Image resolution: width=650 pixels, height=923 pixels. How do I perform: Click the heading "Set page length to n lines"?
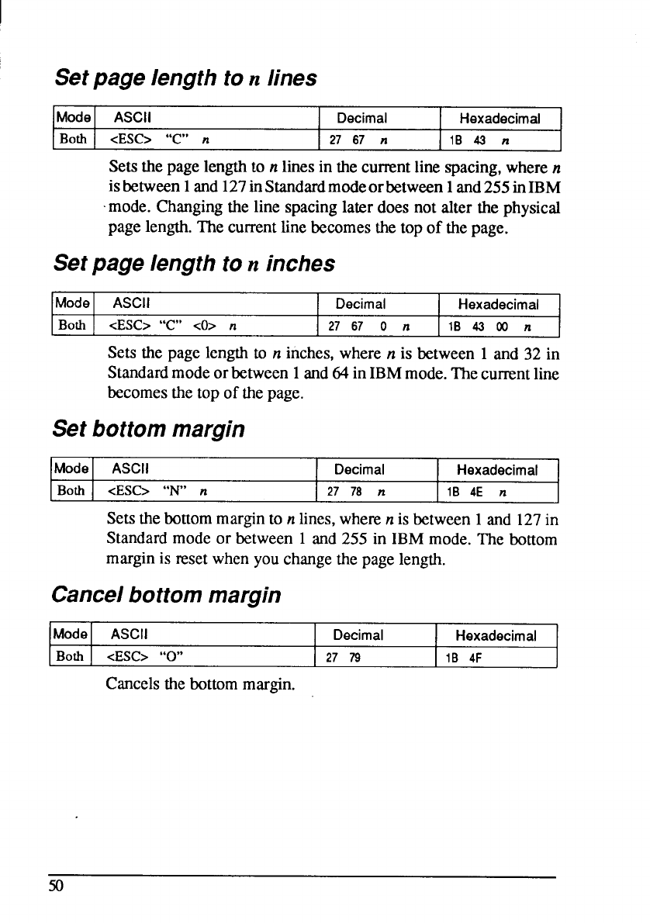[185, 78]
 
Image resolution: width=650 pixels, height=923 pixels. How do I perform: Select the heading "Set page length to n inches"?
[195, 264]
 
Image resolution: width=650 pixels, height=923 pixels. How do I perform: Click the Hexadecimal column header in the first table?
[500, 119]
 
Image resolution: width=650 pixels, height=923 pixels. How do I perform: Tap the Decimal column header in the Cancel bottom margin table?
[356, 636]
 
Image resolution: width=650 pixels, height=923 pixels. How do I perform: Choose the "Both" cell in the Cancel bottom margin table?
[72, 658]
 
